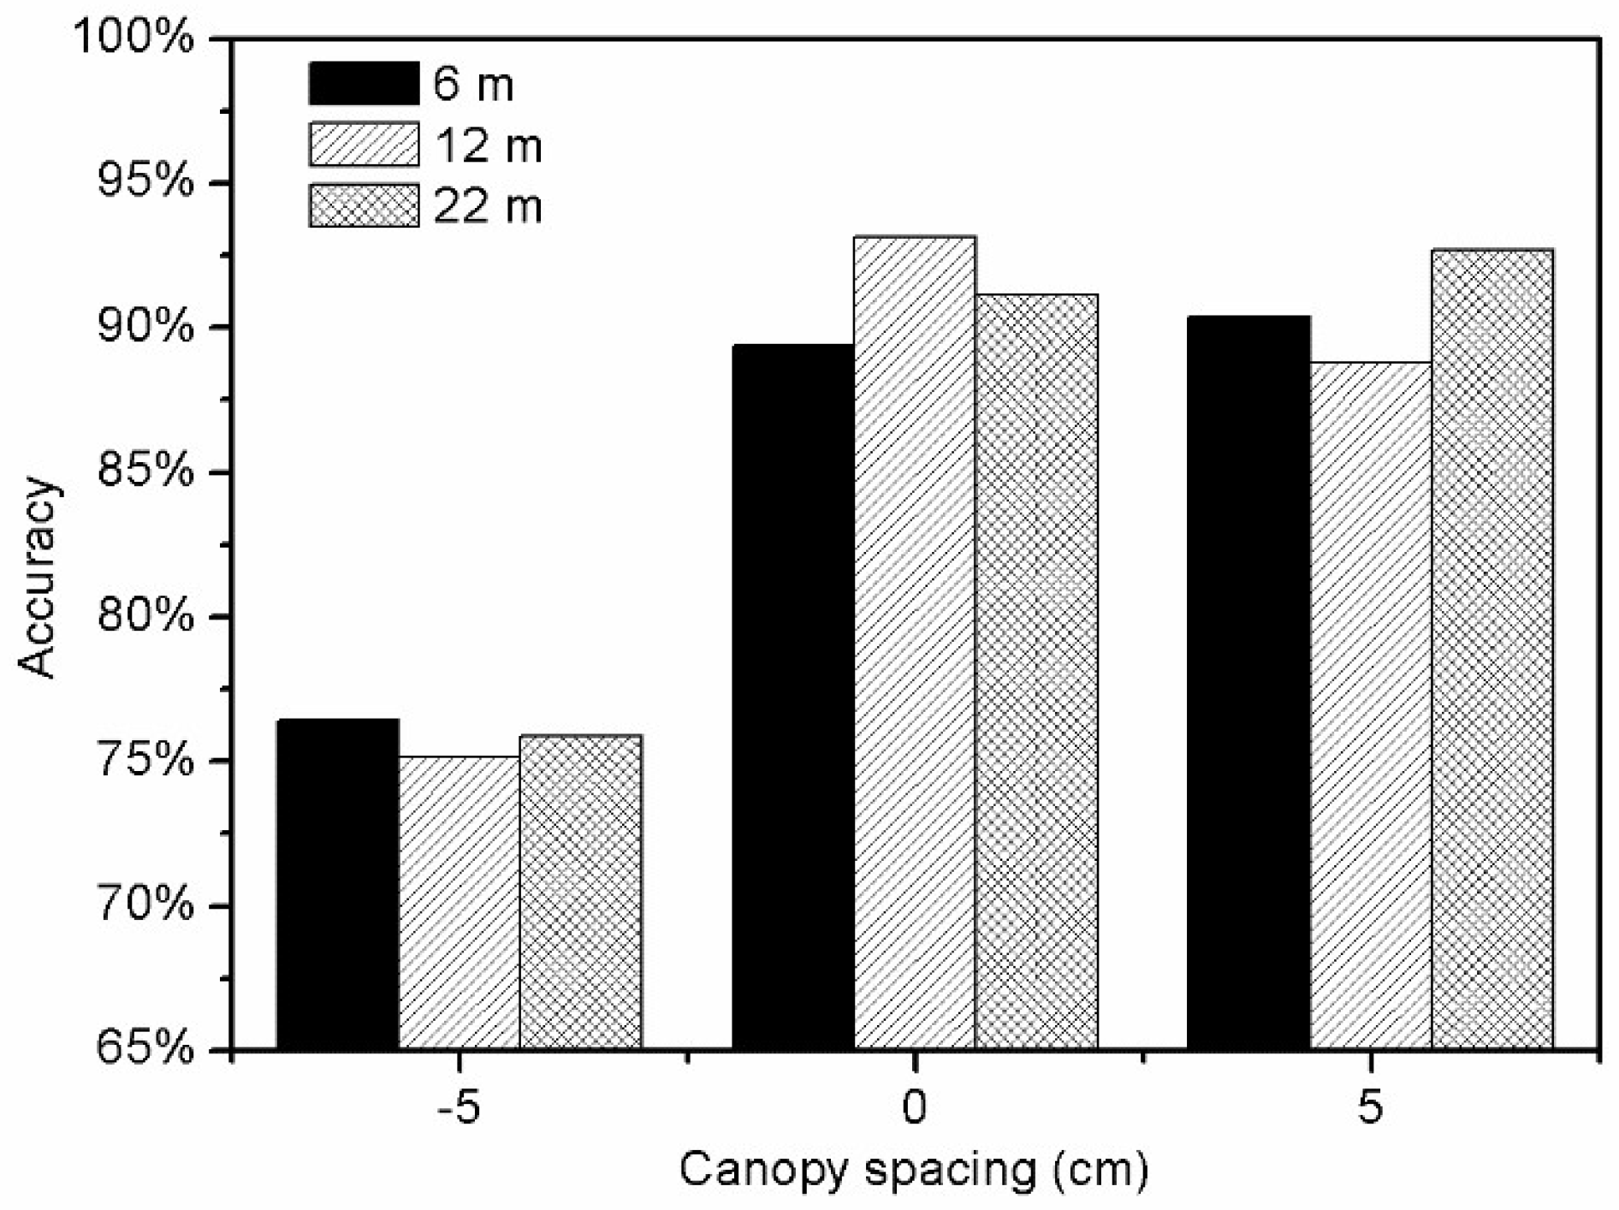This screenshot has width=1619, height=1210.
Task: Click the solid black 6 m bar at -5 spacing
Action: click(338, 884)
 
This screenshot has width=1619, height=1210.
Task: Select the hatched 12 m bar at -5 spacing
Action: click(460, 903)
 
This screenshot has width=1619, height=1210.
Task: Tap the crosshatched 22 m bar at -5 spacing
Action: click(581, 892)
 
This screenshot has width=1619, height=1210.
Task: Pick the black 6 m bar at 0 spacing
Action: click(793, 697)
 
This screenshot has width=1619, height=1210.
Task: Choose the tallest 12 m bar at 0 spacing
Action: click(915, 643)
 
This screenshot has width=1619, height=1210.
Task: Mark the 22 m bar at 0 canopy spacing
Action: click(1036, 672)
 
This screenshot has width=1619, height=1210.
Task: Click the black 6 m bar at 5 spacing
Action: click(1249, 683)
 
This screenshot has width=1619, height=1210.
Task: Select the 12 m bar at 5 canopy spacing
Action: click(1371, 706)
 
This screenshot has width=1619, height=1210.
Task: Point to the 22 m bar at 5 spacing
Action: click(1492, 649)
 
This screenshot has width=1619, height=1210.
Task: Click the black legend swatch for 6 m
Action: click(365, 83)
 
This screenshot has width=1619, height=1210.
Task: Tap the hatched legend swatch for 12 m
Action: click(365, 144)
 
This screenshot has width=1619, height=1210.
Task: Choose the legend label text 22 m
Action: click(488, 205)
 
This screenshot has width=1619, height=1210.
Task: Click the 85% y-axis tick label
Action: click(146, 472)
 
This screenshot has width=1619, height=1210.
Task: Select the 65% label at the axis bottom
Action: click(146, 1050)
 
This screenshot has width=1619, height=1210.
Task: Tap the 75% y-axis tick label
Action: click(146, 761)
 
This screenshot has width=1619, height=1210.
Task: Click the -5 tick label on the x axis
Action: click(459, 1108)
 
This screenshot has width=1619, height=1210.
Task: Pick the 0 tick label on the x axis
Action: click(915, 1108)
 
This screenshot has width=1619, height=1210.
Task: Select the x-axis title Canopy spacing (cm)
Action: click(913, 1171)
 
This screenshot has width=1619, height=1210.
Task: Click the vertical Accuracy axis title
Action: click(39, 578)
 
